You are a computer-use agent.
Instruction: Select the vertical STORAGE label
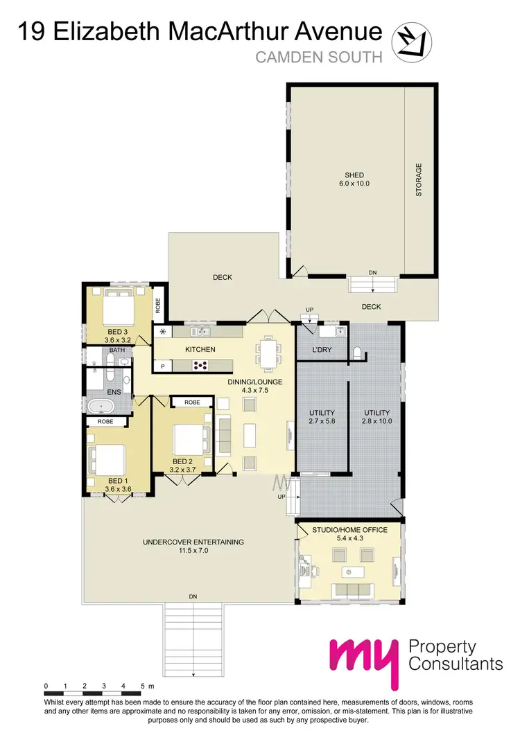[x=419, y=180]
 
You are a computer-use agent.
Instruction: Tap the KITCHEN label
[x=201, y=349]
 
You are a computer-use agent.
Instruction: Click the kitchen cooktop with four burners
[x=202, y=366]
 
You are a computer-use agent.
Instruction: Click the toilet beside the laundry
[x=357, y=353]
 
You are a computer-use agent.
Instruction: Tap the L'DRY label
[x=322, y=350]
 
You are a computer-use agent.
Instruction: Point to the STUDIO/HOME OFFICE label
[x=349, y=533]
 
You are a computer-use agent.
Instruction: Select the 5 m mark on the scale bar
[x=142, y=686]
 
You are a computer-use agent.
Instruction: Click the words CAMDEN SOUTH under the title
[x=318, y=57]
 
